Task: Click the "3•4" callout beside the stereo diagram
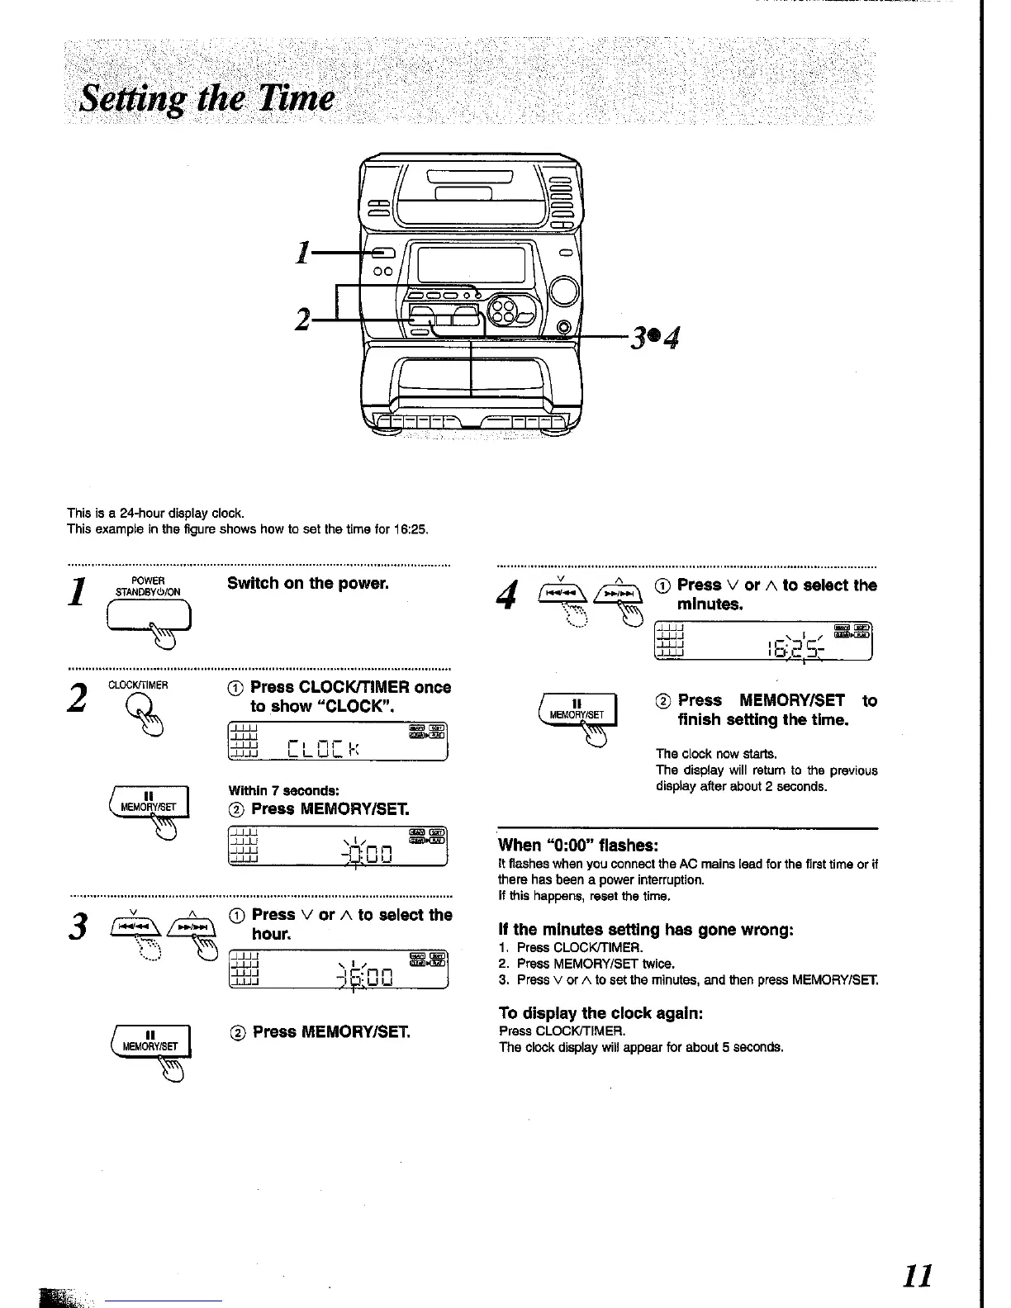654,337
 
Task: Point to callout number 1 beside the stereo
304,253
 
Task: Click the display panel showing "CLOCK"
337,740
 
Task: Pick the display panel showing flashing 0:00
337,846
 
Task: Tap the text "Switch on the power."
308,583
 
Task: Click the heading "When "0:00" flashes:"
578,845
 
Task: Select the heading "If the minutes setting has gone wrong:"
646,929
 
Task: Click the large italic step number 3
79,927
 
